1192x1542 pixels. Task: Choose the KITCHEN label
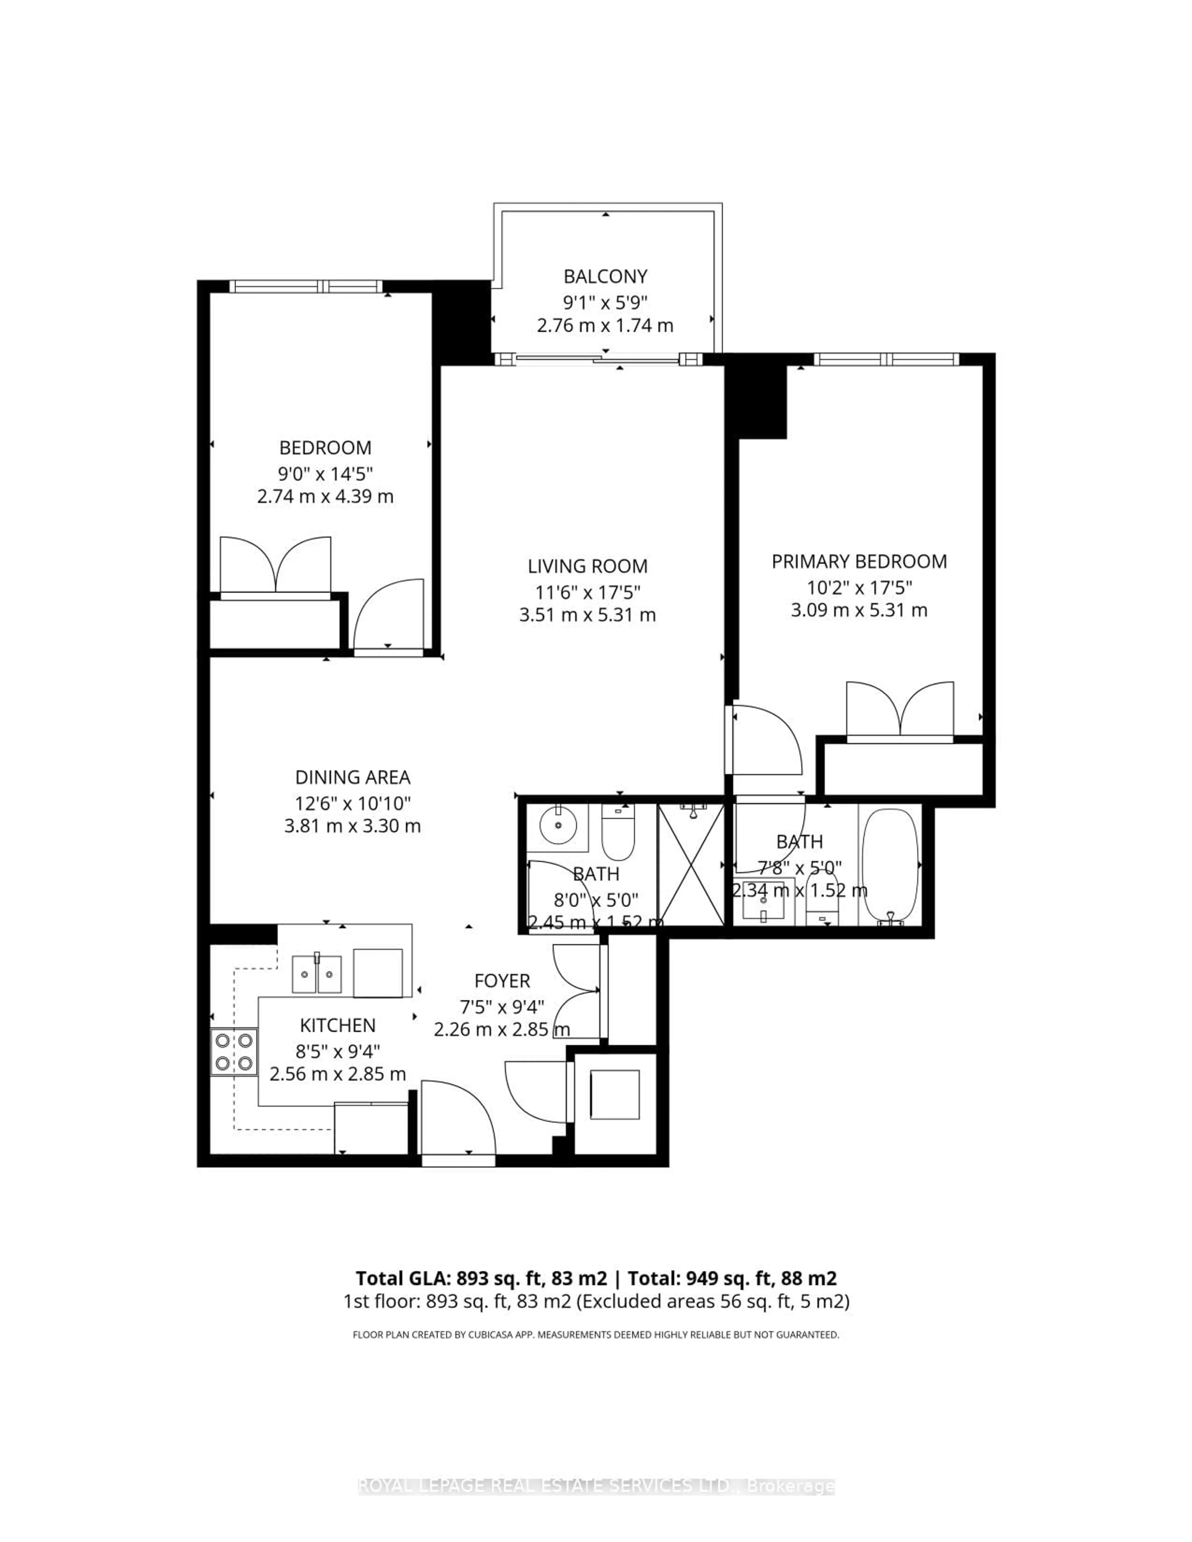click(337, 1025)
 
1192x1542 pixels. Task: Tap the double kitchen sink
click(317, 974)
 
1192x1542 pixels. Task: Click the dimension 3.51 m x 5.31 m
click(588, 615)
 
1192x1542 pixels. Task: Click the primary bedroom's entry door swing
click(766, 741)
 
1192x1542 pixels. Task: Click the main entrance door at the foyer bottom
click(458, 1123)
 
